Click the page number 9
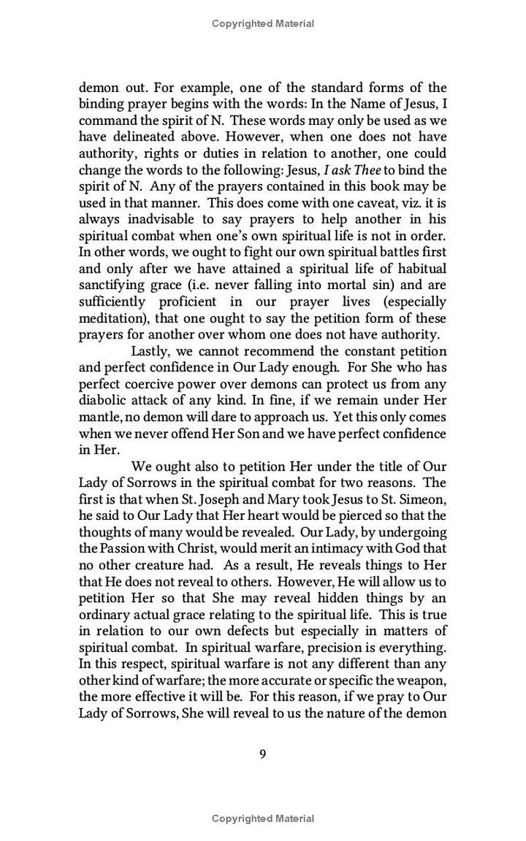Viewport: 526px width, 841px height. tap(262, 754)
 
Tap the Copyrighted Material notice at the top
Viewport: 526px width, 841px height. tap(263, 24)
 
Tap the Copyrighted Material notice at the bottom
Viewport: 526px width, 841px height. tap(263, 818)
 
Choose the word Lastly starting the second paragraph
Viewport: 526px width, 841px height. tap(151, 350)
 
